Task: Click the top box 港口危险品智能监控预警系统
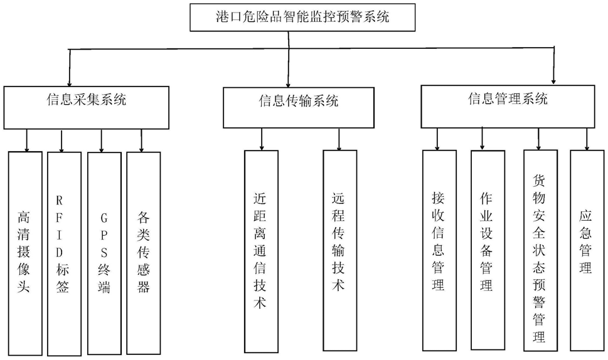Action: pos(302,18)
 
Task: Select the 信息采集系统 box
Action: pos(87,107)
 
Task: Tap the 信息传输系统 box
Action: pos(299,107)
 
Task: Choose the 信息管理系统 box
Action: pos(508,107)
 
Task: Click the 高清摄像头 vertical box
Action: pos(25,253)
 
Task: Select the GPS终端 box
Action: pos(104,253)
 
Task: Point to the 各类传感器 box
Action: pos(144,253)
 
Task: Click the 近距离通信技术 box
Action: pos(262,251)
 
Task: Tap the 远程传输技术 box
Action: pos(340,251)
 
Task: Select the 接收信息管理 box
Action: pos(439,251)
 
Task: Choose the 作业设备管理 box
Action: pos(488,250)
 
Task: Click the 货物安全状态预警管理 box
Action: pos(540,250)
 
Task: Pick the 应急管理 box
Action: pos(587,250)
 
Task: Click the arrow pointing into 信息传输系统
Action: pos(289,60)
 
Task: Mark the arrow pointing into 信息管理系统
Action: pos(553,65)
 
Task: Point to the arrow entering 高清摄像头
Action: pos(27,140)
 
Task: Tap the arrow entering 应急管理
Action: pos(587,139)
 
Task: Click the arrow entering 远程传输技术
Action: pos(339,139)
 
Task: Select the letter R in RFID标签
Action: pos(59,200)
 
